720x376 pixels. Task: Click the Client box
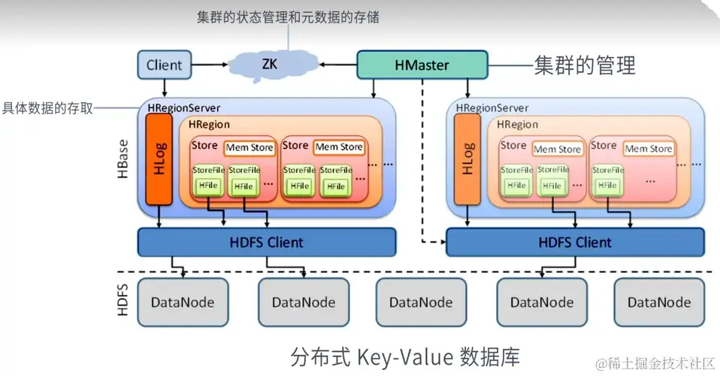point(164,65)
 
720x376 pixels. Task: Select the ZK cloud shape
point(269,64)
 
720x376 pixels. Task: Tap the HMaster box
point(421,65)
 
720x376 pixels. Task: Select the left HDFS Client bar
point(266,242)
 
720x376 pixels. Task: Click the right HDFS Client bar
point(575,242)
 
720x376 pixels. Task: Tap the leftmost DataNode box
point(182,302)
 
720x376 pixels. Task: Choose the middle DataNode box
point(421,302)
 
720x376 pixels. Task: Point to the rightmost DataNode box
point(659,302)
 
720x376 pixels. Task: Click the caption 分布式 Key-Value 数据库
point(404,355)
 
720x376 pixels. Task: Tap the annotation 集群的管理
point(584,65)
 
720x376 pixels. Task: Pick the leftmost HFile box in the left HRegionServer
point(207,185)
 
